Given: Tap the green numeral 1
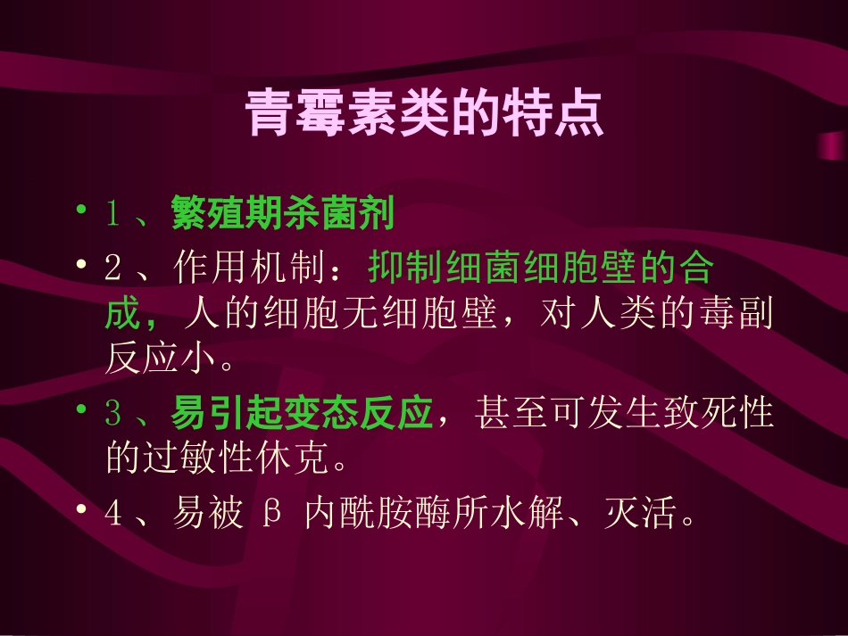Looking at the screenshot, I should (x=112, y=214).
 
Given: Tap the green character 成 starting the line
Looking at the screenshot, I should (x=121, y=315).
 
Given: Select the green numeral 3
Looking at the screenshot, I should (x=112, y=413).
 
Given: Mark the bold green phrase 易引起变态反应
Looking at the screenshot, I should (x=302, y=413).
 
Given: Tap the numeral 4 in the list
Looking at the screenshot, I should (x=112, y=515).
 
